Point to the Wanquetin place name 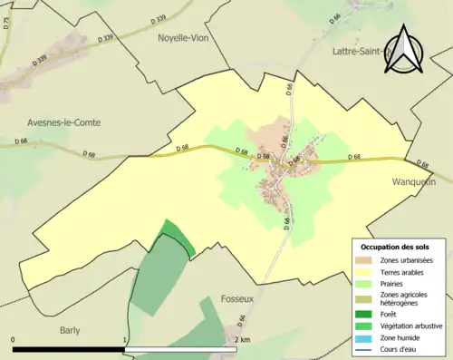point(416,181)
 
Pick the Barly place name point(72,331)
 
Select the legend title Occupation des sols point(395,246)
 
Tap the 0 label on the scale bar point(14,340)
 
